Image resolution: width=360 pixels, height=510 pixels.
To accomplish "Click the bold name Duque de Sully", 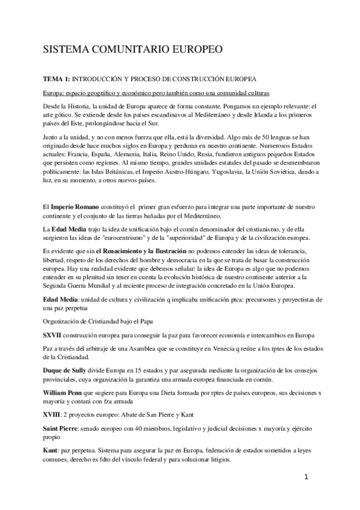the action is [x=68, y=370].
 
